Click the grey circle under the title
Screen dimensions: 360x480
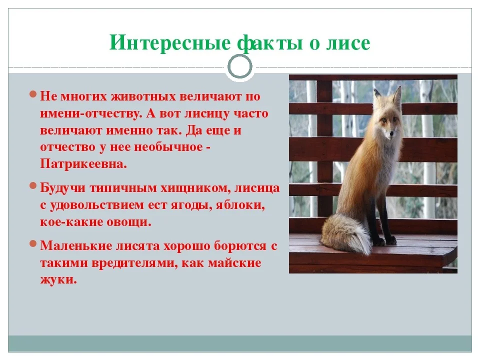click(x=240, y=66)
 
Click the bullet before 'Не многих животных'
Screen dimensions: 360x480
click(x=32, y=94)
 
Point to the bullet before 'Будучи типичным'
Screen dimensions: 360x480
click(x=32, y=186)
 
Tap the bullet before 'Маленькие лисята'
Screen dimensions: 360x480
click(x=32, y=244)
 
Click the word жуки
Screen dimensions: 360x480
click(x=58, y=279)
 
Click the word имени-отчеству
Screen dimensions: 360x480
click(x=90, y=113)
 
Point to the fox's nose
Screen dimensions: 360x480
click(x=391, y=133)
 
